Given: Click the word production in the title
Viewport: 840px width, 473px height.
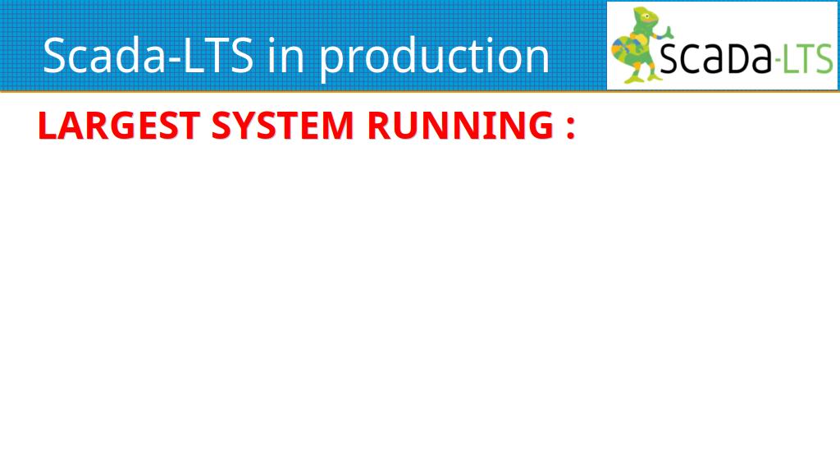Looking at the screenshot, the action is (435, 57).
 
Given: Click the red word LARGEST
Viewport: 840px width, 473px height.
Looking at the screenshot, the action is (119, 126).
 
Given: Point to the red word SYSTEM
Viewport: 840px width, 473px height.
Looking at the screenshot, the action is (283, 126).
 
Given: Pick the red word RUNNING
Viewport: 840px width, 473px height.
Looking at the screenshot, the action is (460, 126).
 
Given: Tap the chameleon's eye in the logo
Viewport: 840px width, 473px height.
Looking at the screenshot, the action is (647, 16).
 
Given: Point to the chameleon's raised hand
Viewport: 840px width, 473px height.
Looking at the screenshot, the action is (668, 31).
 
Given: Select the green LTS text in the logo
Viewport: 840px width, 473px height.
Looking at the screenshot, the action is (809, 58).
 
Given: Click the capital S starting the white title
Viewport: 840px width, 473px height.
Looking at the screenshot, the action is (55, 55).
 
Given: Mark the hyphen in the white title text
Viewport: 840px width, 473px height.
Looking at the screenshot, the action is (176, 59).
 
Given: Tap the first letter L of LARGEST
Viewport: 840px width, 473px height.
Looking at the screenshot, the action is (47, 126).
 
